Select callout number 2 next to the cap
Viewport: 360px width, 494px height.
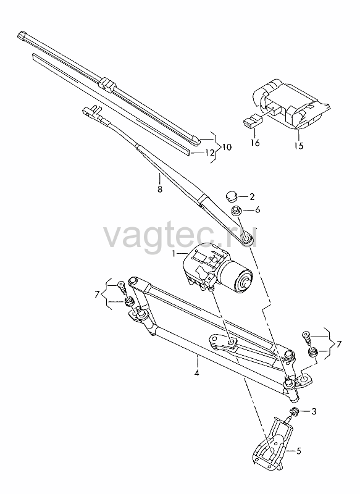point(252,197)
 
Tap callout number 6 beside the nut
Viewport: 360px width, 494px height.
point(257,210)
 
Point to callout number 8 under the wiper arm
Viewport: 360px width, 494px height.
point(160,190)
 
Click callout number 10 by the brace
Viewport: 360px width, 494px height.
point(227,147)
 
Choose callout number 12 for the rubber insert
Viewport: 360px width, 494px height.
point(209,153)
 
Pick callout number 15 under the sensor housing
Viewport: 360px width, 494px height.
point(299,146)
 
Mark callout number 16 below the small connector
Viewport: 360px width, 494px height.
point(255,143)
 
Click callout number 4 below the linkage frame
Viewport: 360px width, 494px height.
point(197,374)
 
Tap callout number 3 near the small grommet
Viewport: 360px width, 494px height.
point(314,411)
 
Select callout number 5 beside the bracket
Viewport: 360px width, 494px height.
point(298,451)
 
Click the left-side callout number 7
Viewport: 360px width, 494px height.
point(97,295)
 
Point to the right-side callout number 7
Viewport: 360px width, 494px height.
point(338,344)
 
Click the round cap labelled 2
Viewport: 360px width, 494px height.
point(231,196)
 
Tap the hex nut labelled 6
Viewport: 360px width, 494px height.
point(236,211)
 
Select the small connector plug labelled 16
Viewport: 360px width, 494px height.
point(253,122)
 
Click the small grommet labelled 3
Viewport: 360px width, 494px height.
point(295,411)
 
